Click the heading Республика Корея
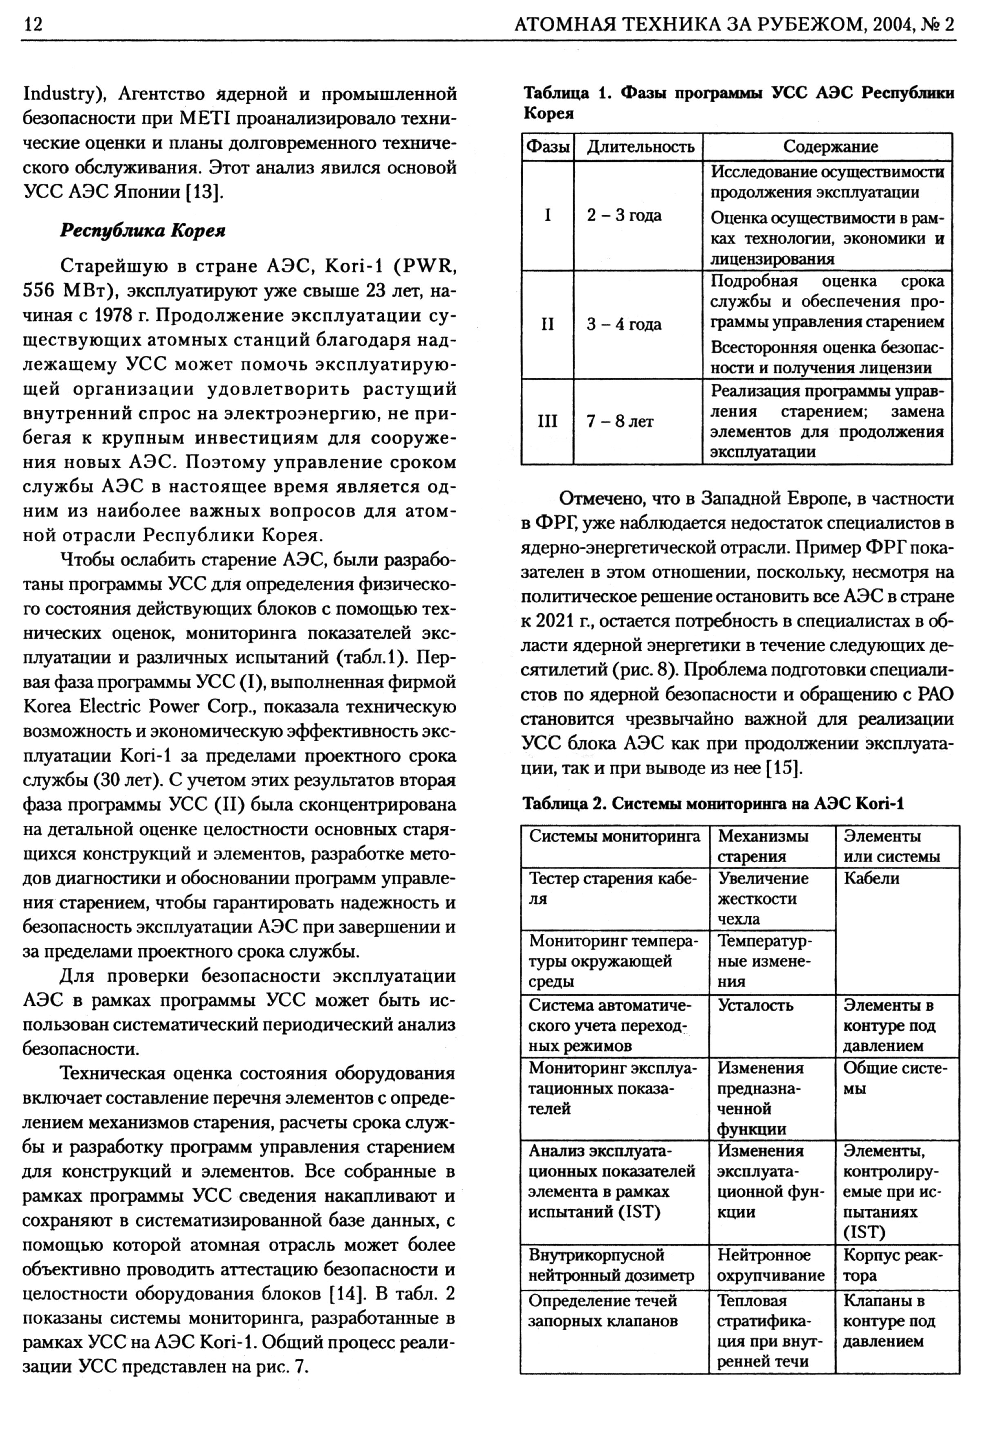click(143, 231)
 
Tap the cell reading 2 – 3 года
click(624, 216)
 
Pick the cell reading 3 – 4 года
click(624, 324)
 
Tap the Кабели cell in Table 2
click(871, 878)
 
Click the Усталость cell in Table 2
click(755, 1005)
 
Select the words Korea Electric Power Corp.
click(139, 706)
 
